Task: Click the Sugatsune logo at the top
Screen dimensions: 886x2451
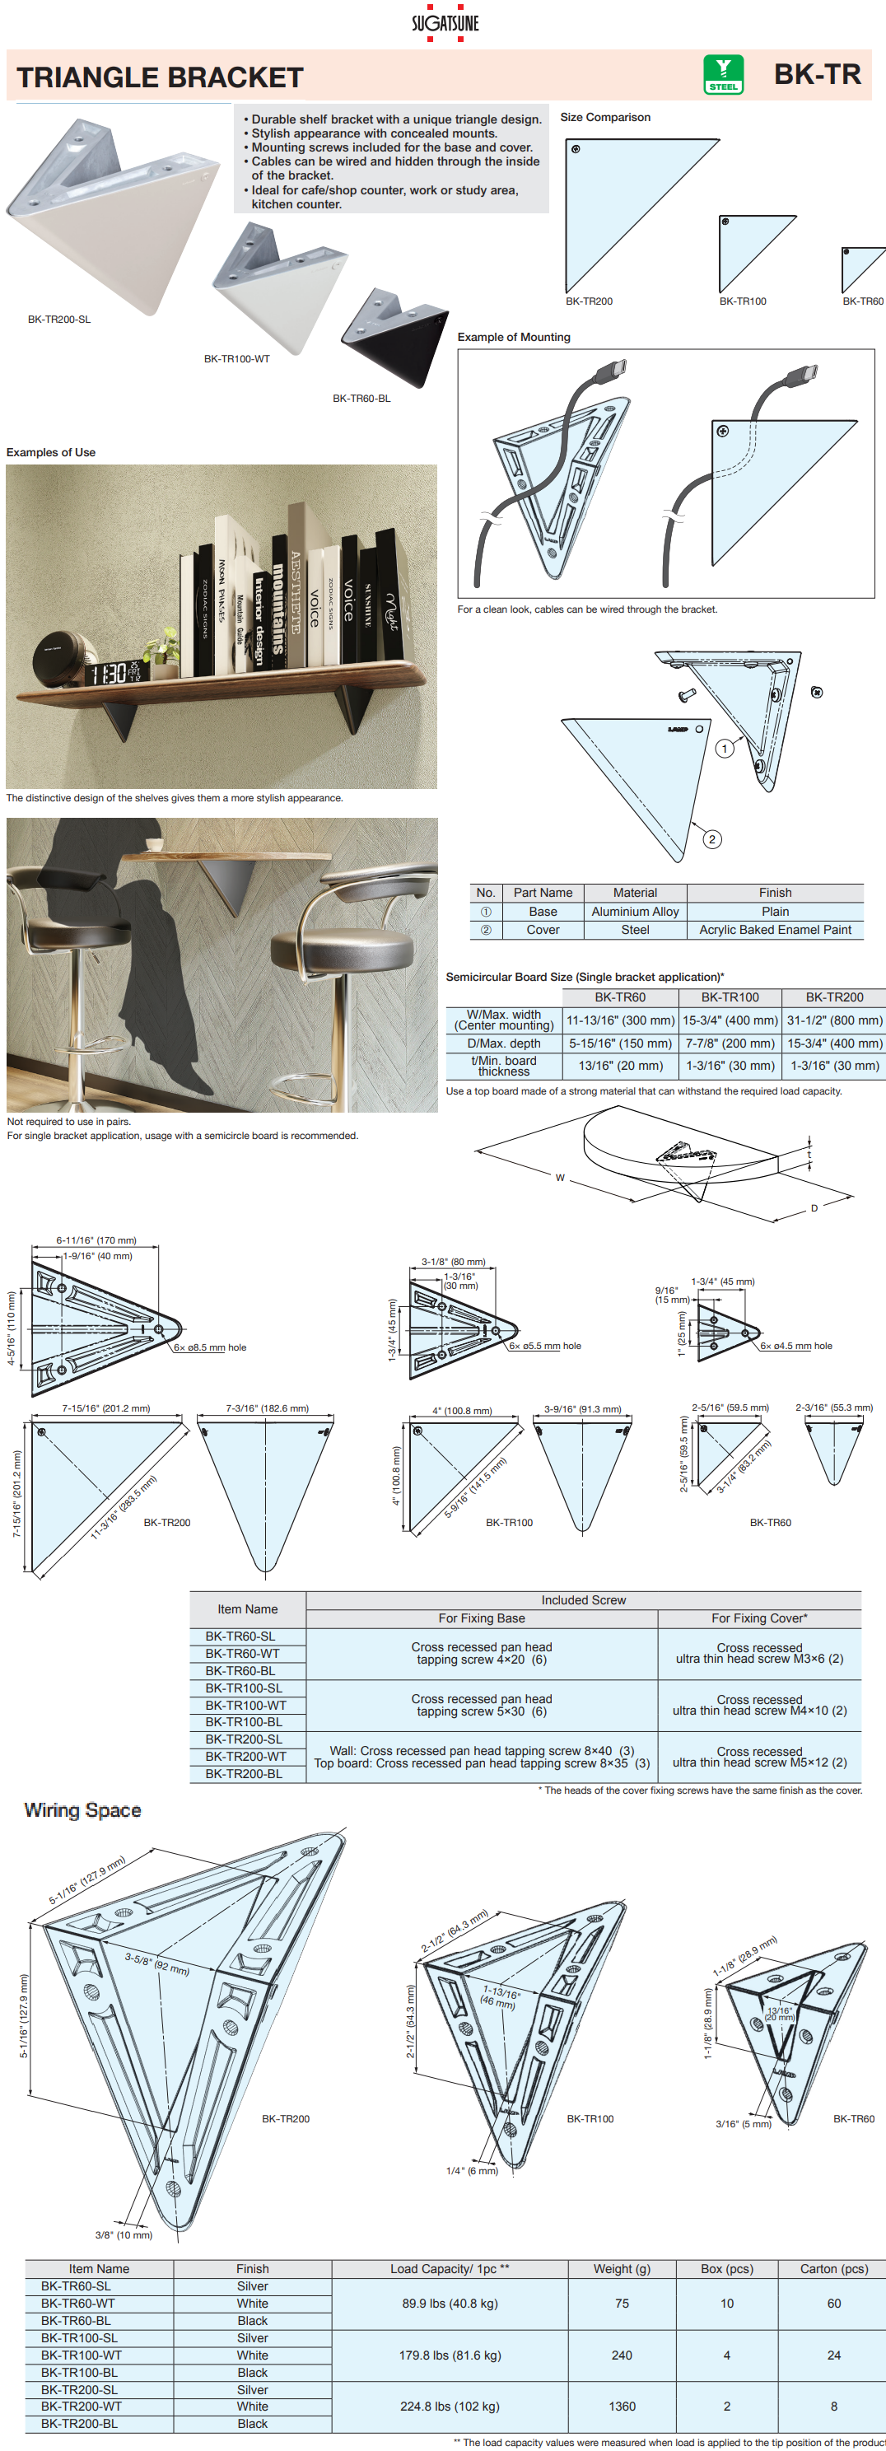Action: (445, 23)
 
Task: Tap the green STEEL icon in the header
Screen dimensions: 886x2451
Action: (722, 74)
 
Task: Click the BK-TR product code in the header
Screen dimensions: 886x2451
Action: (817, 74)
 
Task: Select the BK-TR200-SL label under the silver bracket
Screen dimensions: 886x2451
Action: (59, 320)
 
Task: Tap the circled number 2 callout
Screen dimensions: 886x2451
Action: (711, 838)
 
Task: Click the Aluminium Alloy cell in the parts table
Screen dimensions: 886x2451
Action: (635, 912)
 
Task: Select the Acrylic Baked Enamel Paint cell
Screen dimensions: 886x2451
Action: (775, 930)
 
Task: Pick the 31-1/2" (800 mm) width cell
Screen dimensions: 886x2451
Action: (833, 1020)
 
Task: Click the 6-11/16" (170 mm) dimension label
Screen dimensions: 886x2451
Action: (96, 1240)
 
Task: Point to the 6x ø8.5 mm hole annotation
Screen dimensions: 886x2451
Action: (209, 1347)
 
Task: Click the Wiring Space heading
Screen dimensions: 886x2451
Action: (83, 1809)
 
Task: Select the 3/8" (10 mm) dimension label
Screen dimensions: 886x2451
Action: (124, 2235)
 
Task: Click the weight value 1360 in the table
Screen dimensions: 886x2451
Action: (622, 2407)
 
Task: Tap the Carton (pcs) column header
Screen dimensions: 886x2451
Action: (833, 2268)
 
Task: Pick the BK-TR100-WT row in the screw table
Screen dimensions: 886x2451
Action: (245, 1705)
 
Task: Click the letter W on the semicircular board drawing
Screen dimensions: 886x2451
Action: (560, 1178)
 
